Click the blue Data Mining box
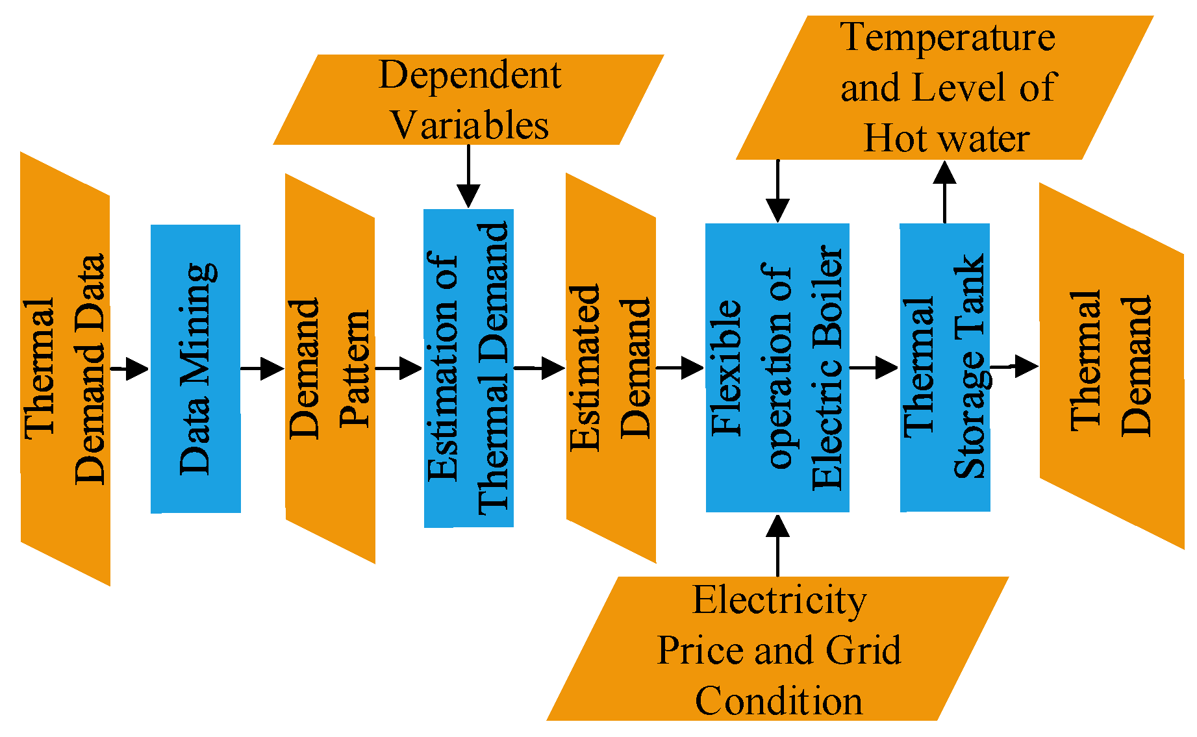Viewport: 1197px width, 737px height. (195, 368)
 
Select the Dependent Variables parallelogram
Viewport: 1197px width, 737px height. (468, 99)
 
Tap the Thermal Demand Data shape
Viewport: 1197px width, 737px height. (65, 368)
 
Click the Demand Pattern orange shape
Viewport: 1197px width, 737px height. (330, 368)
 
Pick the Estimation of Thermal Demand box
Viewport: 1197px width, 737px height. (468, 368)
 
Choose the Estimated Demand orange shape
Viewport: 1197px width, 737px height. (611, 368)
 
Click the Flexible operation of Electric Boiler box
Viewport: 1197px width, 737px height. (777, 368)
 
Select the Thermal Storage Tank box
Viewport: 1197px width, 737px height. (944, 368)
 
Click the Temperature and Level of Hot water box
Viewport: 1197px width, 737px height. (945, 88)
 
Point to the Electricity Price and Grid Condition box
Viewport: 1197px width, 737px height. (777, 649)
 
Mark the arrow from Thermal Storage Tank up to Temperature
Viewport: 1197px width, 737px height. (944, 192)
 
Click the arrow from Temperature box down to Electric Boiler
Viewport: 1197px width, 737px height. (777, 192)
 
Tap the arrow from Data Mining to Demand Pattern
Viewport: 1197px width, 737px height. (262, 368)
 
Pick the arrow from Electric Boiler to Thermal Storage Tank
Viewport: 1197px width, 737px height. (874, 368)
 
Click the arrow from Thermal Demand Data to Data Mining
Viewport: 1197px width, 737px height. (130, 368)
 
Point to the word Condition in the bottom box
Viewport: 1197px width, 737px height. (779, 701)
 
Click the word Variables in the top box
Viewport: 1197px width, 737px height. (469, 125)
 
